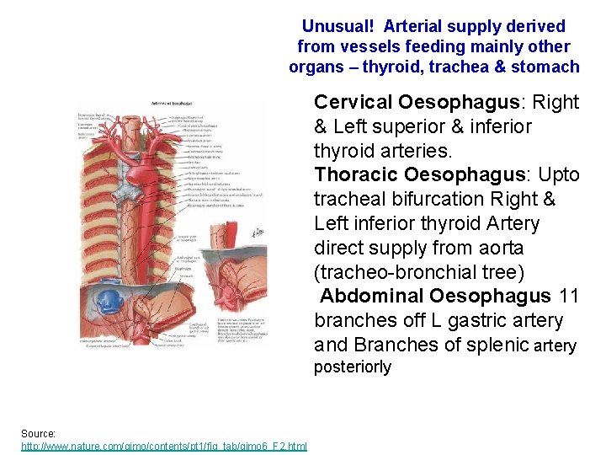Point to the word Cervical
[x=353, y=103]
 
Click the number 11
[x=569, y=297]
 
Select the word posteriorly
[x=352, y=367]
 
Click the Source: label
[x=39, y=433]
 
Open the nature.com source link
[x=163, y=446]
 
